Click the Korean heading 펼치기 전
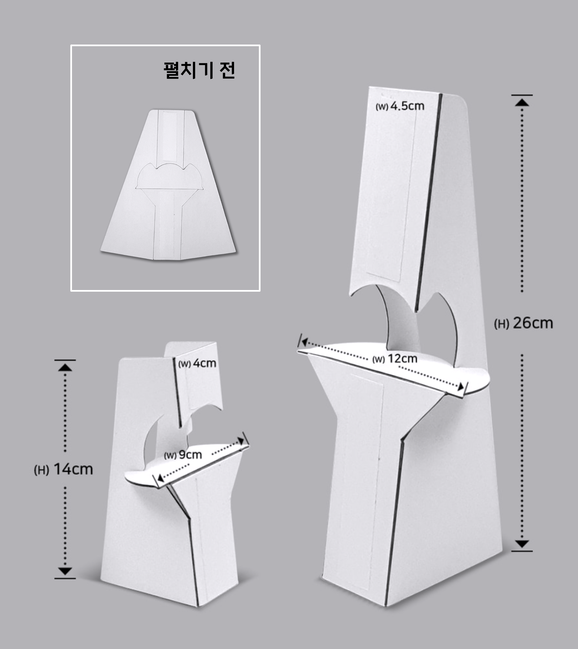pos(199,70)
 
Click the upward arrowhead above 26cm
pos(522,102)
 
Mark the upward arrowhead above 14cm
pos(65,367)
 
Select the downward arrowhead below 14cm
pos(65,571)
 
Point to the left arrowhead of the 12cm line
pos(304,342)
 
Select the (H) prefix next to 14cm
pos(42,470)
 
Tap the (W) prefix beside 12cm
pos(379,360)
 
